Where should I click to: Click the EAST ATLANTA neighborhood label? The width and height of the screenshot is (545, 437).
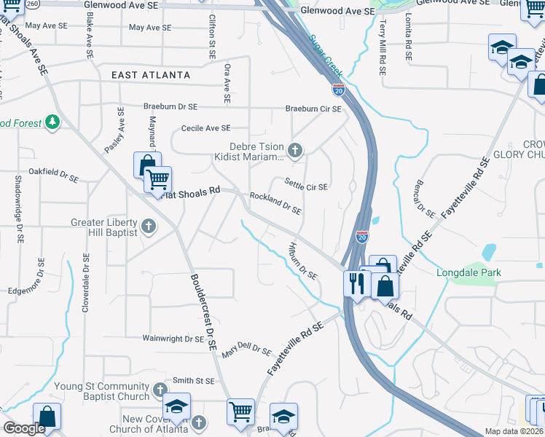(151, 75)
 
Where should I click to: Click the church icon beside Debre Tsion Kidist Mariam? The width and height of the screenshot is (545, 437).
(294, 151)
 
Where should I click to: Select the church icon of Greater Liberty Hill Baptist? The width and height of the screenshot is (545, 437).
(148, 227)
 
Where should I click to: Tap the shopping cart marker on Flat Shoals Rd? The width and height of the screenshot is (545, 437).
(157, 179)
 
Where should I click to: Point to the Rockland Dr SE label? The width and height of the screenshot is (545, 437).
(275, 203)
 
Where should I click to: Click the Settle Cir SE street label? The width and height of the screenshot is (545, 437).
(306, 186)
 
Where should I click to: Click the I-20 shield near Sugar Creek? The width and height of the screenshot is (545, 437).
(339, 89)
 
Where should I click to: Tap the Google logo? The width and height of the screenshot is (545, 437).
(24, 428)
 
